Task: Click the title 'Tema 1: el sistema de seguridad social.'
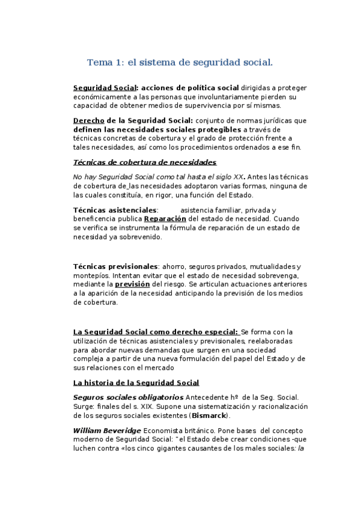click(180, 62)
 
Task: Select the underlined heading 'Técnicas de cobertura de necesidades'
click(144, 162)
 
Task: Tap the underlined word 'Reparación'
click(165, 219)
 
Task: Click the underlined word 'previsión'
click(132, 284)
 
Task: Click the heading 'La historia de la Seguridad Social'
click(136, 382)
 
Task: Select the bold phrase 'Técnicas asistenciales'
click(115, 210)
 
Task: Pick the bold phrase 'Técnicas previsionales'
click(115, 266)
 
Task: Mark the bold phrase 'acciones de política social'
click(191, 87)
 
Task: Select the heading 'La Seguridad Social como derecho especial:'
click(156, 331)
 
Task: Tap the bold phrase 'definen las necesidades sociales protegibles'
click(157, 129)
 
